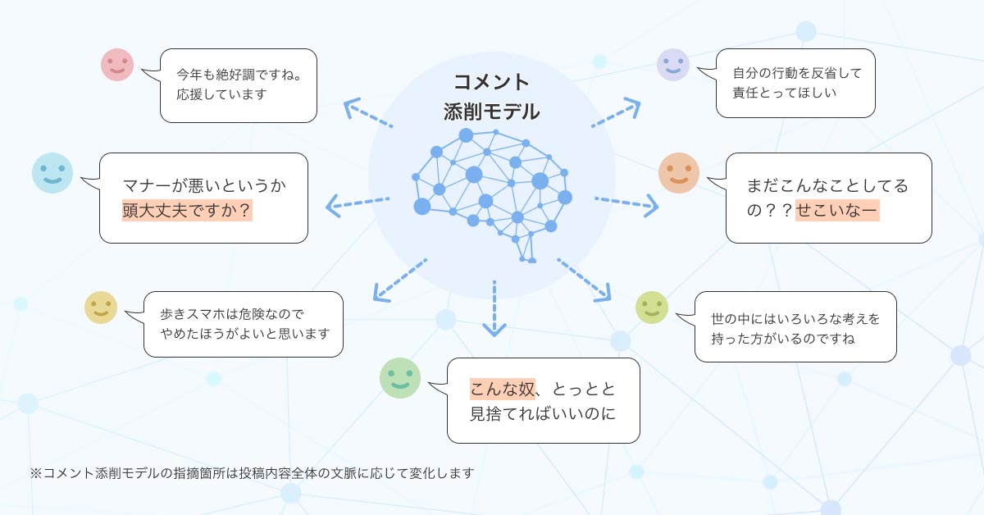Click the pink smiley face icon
tap(117, 65)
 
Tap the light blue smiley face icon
tap(52, 172)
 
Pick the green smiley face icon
tap(399, 378)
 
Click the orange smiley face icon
tap(679, 173)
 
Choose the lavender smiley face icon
tap(673, 65)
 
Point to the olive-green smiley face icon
tap(652, 308)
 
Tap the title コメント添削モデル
tap(491, 97)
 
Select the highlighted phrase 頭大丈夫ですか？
tap(187, 211)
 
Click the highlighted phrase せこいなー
tap(836, 211)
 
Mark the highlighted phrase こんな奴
tap(502, 388)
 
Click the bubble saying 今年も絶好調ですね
tap(238, 85)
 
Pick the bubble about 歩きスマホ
tap(243, 324)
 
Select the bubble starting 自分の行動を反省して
tap(795, 83)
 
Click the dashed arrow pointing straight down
tap(494, 308)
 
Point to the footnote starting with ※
tap(252, 473)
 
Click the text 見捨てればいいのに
tap(542, 413)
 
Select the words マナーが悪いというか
tap(204, 185)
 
